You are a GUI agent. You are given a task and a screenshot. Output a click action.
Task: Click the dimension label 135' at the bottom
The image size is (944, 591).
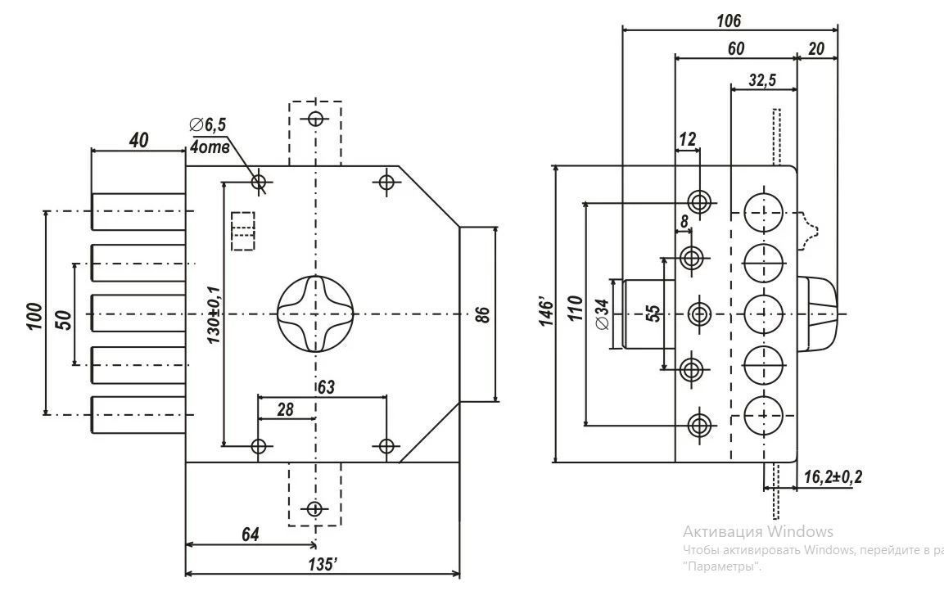pyautogui.click(x=323, y=565)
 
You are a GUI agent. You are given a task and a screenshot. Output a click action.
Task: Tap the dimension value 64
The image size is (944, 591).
pyautogui.click(x=251, y=535)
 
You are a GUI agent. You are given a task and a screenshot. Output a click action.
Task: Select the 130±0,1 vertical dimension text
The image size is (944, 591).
pyautogui.click(x=214, y=315)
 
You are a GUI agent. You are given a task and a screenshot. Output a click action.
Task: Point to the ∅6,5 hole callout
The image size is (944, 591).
pyautogui.click(x=208, y=124)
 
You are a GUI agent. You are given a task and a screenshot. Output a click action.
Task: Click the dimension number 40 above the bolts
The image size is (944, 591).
pyautogui.click(x=138, y=140)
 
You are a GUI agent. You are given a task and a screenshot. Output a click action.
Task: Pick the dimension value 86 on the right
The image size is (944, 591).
pyautogui.click(x=482, y=315)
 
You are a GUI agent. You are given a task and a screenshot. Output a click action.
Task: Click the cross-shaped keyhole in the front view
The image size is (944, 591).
pyautogui.click(x=315, y=314)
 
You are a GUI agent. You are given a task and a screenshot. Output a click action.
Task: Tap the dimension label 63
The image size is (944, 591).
pyautogui.click(x=326, y=386)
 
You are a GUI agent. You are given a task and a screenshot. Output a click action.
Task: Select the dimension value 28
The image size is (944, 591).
pyautogui.click(x=286, y=409)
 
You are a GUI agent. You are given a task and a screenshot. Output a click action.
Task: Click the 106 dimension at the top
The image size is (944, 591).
pyautogui.click(x=729, y=20)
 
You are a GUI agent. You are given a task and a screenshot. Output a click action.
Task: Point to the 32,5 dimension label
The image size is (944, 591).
pyautogui.click(x=763, y=79)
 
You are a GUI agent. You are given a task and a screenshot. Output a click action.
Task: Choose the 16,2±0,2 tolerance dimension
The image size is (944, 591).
pyautogui.click(x=833, y=477)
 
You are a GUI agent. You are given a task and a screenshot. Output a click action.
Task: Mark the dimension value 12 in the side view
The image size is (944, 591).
pyautogui.click(x=687, y=140)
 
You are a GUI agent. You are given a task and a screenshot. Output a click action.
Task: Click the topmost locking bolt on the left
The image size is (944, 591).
pyautogui.click(x=138, y=211)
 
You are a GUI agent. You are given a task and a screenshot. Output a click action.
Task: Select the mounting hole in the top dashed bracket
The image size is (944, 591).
pyautogui.click(x=315, y=119)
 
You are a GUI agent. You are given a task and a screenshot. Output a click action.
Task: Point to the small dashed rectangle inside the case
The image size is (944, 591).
pyautogui.click(x=243, y=231)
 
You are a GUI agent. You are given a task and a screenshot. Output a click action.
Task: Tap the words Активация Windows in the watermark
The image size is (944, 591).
pyautogui.click(x=758, y=531)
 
